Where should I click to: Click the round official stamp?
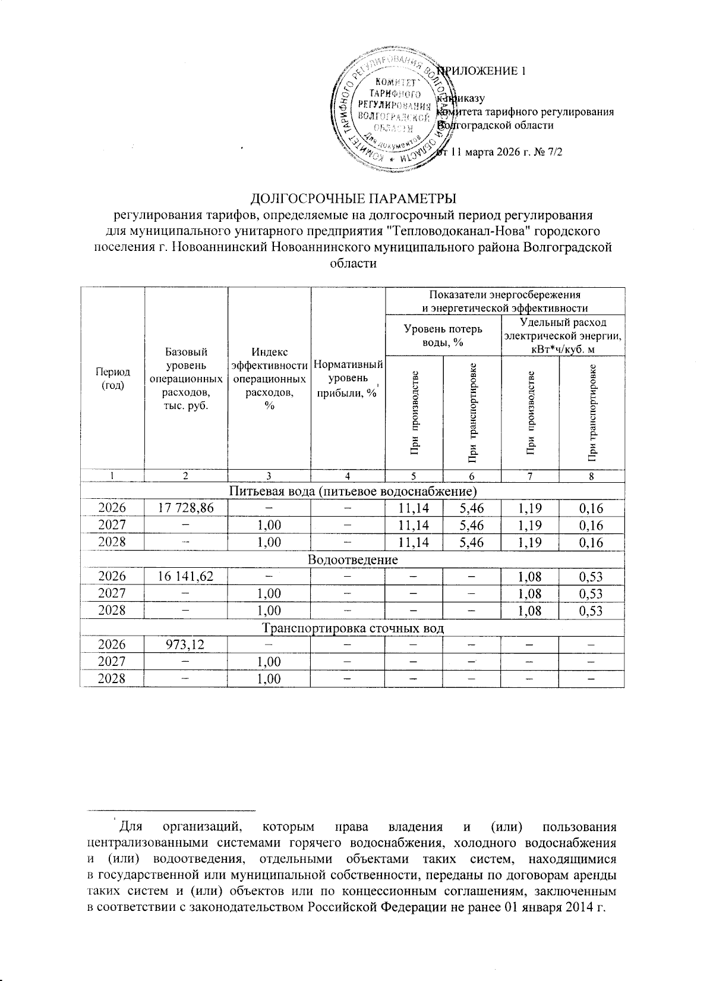(x=390, y=112)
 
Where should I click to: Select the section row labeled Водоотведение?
(x=352, y=559)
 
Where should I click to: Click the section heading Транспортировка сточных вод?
(x=352, y=628)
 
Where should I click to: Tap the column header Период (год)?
(x=112, y=378)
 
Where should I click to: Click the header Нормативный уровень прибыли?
(x=348, y=378)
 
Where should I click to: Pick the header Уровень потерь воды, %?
(x=443, y=335)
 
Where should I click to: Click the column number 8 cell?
(x=592, y=476)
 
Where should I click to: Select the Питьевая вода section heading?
(x=352, y=491)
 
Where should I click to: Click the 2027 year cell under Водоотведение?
(x=112, y=593)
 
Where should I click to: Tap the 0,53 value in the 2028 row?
(x=592, y=611)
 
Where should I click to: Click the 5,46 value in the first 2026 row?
(x=472, y=508)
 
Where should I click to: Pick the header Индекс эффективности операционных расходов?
(x=269, y=378)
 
